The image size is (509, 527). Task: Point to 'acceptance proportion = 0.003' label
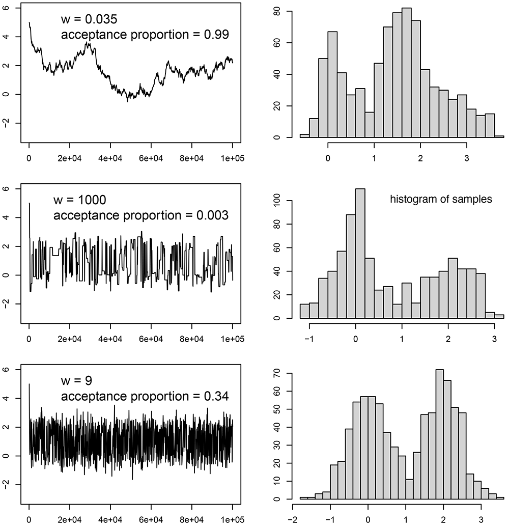click(141, 215)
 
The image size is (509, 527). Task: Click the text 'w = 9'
click(76, 380)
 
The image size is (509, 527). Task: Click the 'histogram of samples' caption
click(441, 199)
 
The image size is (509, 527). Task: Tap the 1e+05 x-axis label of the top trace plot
click(232, 158)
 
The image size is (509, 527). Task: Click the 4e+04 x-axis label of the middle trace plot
click(110, 339)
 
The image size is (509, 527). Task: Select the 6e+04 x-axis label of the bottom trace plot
click(151, 520)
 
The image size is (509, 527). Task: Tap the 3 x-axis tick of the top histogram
click(466, 158)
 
